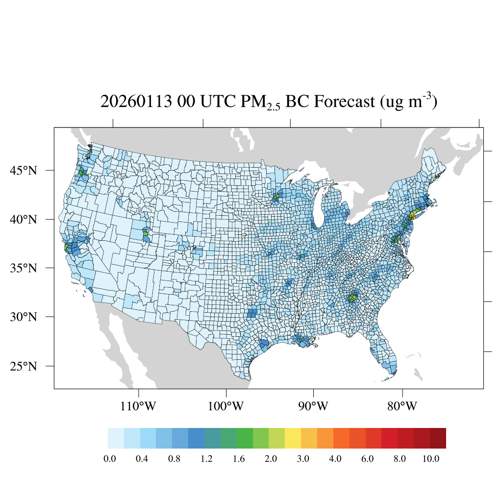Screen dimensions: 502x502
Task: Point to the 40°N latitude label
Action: (24, 219)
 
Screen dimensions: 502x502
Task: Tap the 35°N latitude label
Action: (24, 268)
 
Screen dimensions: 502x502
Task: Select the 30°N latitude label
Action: (24, 317)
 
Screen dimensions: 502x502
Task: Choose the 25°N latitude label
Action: (24, 366)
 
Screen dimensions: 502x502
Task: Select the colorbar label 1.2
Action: (206, 459)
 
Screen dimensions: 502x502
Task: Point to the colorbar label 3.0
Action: (303, 459)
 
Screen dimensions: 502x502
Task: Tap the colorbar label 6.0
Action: (367, 459)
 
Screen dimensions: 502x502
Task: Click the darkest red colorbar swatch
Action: (438, 438)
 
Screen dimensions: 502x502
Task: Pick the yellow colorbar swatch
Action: (293, 438)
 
